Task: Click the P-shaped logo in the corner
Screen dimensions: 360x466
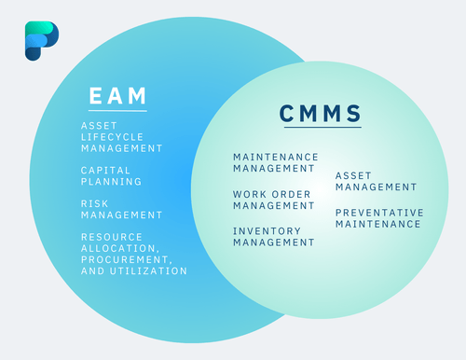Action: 41,41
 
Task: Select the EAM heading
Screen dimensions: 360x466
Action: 117,95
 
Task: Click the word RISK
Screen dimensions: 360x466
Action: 96,203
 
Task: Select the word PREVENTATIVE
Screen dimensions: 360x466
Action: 379,212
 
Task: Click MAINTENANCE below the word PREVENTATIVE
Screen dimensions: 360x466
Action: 378,223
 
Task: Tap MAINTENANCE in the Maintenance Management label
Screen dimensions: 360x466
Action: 276,157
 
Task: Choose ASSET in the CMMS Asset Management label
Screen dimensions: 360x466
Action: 354,174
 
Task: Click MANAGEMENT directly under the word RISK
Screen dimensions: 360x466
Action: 122,215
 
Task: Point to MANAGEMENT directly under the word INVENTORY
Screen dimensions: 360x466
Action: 274,242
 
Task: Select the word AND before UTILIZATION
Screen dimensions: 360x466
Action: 93,270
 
